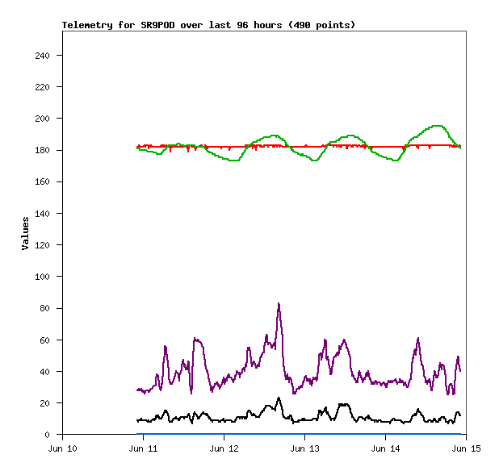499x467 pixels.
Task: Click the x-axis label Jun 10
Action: [x=63, y=448]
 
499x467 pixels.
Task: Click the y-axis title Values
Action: [x=26, y=232]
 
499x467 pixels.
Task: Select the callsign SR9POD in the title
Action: [x=158, y=25]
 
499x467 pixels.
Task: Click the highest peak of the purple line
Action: [x=279, y=304]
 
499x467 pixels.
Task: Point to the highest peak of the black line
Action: [x=279, y=398]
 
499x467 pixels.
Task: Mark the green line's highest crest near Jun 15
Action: [x=437, y=126]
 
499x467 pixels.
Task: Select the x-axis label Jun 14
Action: [x=386, y=448]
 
